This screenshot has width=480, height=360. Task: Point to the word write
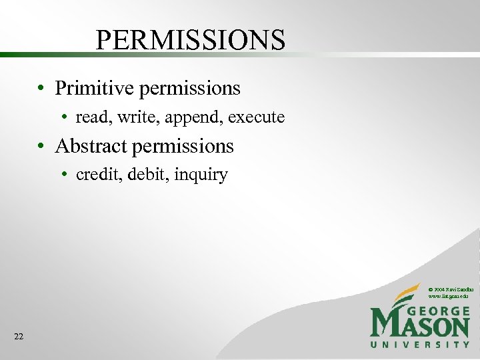pyautogui.click(x=129, y=118)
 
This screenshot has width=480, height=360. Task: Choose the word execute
pyautogui.click(x=256, y=118)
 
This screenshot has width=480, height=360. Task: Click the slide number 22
pyautogui.click(x=19, y=337)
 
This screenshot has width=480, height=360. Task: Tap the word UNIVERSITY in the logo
pyautogui.click(x=420, y=344)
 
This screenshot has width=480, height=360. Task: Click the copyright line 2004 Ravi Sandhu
pyautogui.click(x=450, y=287)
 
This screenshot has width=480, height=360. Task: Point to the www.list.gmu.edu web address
pyautogui.click(x=449, y=295)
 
